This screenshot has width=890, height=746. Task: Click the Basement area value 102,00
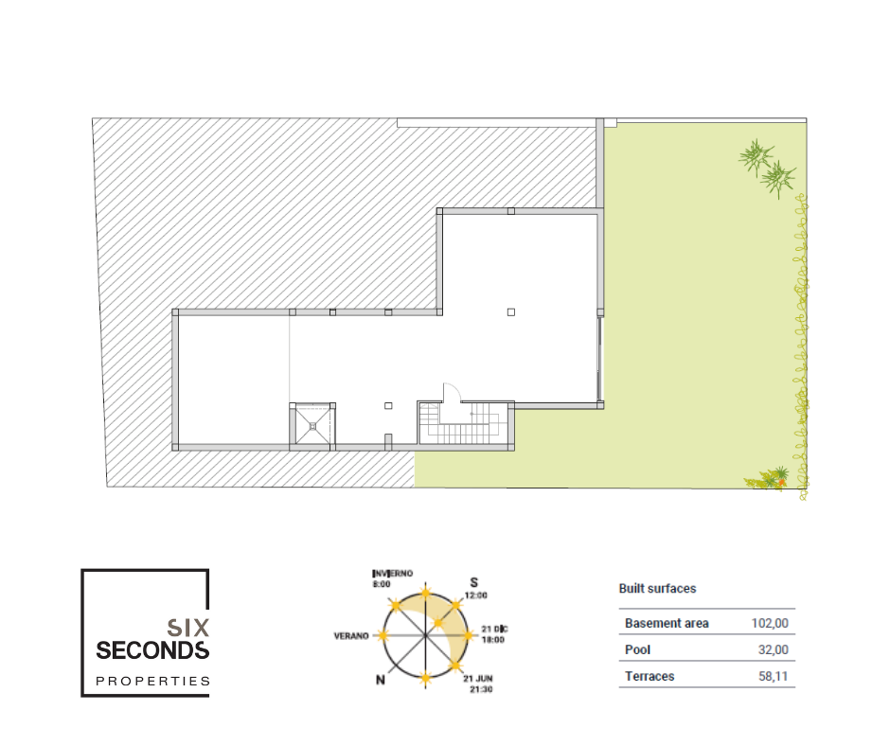pyautogui.click(x=770, y=623)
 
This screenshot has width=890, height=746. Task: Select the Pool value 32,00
pyautogui.click(x=774, y=649)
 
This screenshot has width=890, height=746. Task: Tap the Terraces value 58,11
pyautogui.click(x=774, y=676)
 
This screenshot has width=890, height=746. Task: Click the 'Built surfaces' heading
pyautogui.click(x=657, y=588)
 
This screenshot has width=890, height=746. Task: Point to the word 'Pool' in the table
pyautogui.click(x=637, y=649)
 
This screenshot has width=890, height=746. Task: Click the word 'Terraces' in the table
pyautogui.click(x=650, y=676)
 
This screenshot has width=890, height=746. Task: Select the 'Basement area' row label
pyautogui.click(x=667, y=623)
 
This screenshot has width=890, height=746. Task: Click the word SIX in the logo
pyautogui.click(x=187, y=628)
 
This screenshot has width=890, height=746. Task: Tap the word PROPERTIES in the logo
pyautogui.click(x=152, y=681)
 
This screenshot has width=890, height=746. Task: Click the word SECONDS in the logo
pyautogui.click(x=152, y=650)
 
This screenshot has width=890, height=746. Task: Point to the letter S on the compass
pyautogui.click(x=474, y=582)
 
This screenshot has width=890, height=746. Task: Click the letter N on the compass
pyautogui.click(x=381, y=680)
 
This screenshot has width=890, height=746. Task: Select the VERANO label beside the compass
pyautogui.click(x=351, y=636)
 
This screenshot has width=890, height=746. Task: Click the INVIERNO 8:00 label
pyautogui.click(x=392, y=578)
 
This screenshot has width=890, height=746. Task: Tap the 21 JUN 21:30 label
pyautogui.click(x=478, y=684)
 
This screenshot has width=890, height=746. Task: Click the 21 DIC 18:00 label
pyautogui.click(x=494, y=634)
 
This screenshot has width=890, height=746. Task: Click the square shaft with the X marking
pyautogui.click(x=312, y=426)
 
